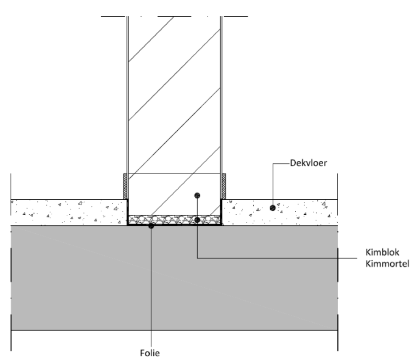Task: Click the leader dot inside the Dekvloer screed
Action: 273,208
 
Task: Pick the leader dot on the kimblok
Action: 197,195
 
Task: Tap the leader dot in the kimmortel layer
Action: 197,220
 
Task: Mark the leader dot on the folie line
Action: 151,226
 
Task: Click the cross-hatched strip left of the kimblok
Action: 126,186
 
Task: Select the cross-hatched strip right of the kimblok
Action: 224,186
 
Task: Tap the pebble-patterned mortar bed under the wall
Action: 170,220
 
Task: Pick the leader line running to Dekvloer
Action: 280,164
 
